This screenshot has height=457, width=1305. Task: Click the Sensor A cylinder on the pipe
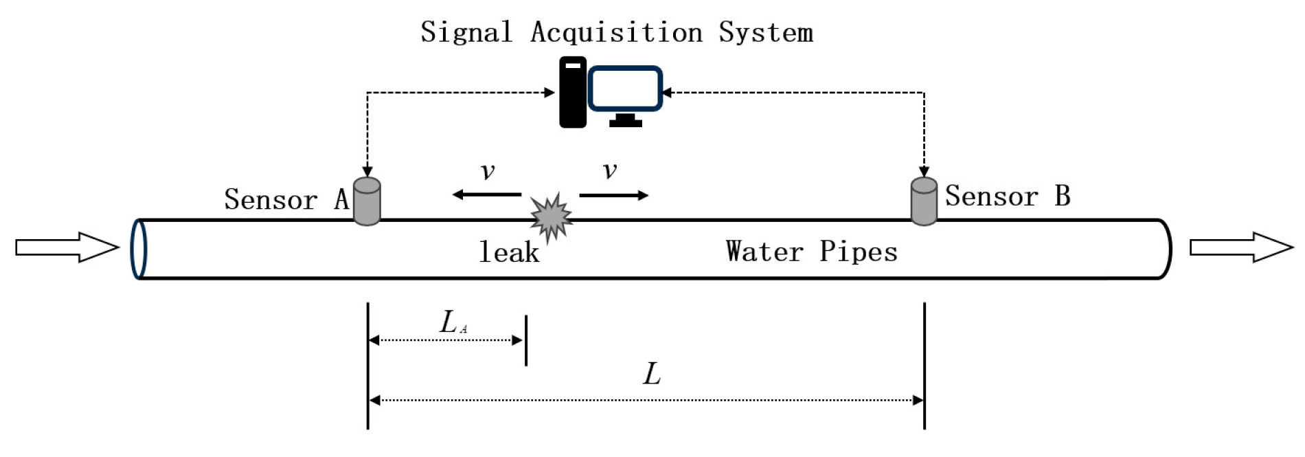tap(367, 202)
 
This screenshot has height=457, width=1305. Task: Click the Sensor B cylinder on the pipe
tap(924, 202)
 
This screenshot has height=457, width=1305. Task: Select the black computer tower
tap(572, 92)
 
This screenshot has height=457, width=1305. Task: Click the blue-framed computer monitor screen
tap(625, 89)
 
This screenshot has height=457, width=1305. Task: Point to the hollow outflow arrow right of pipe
tap(1240, 247)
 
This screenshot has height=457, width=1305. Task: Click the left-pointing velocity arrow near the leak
tap(486, 195)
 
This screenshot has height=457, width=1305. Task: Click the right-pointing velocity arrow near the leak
tap(613, 196)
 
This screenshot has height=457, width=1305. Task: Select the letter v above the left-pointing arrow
tap(488, 170)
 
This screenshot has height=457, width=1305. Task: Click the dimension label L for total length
tap(651, 375)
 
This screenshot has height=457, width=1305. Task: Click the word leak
tap(509, 252)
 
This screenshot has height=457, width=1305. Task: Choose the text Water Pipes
tap(811, 252)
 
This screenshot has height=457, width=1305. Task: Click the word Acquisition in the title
tap(616, 33)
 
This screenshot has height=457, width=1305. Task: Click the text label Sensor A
tap(286, 199)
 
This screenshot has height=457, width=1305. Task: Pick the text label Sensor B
tap(1008, 196)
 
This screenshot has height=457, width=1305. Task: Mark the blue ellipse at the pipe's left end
tap(139, 249)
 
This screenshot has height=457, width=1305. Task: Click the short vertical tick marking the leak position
tap(526, 341)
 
